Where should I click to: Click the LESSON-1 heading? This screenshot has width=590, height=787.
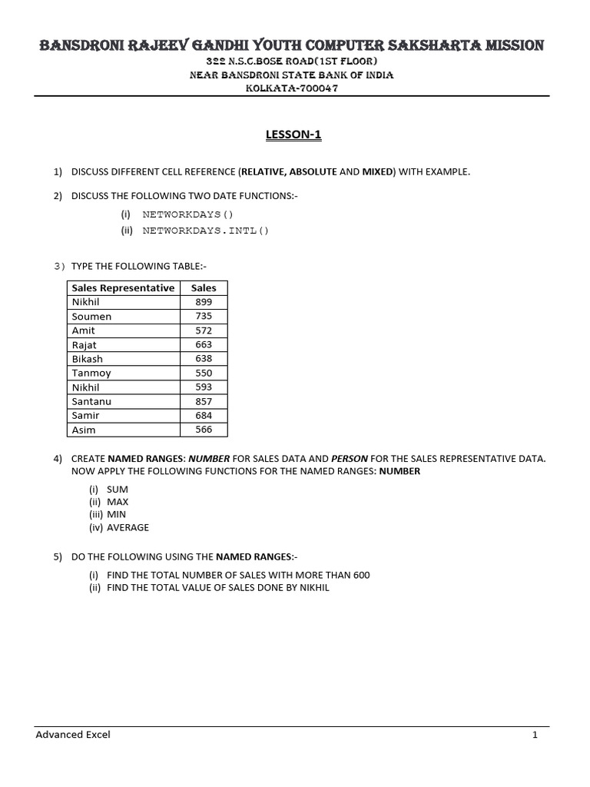[x=294, y=135]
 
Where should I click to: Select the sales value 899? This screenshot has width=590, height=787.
[x=204, y=302]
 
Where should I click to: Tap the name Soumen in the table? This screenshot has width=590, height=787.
[x=91, y=317]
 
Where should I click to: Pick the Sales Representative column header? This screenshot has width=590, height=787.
[x=123, y=288]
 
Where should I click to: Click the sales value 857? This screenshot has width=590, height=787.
[x=204, y=401]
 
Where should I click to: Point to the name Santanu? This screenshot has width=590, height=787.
[x=91, y=401]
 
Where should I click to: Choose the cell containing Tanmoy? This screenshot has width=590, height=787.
[x=91, y=373]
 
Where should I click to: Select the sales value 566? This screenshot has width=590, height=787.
[x=204, y=430]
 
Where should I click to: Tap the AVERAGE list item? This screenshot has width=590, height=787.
[x=128, y=528]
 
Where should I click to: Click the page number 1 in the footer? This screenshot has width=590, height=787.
[x=535, y=735]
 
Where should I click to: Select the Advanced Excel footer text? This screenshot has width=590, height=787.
[x=73, y=735]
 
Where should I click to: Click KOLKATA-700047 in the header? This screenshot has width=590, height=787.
[x=292, y=88]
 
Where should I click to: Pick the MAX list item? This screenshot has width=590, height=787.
[x=118, y=501]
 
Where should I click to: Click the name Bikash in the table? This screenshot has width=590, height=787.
[x=87, y=359]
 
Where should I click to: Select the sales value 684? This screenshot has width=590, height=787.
[x=204, y=415]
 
